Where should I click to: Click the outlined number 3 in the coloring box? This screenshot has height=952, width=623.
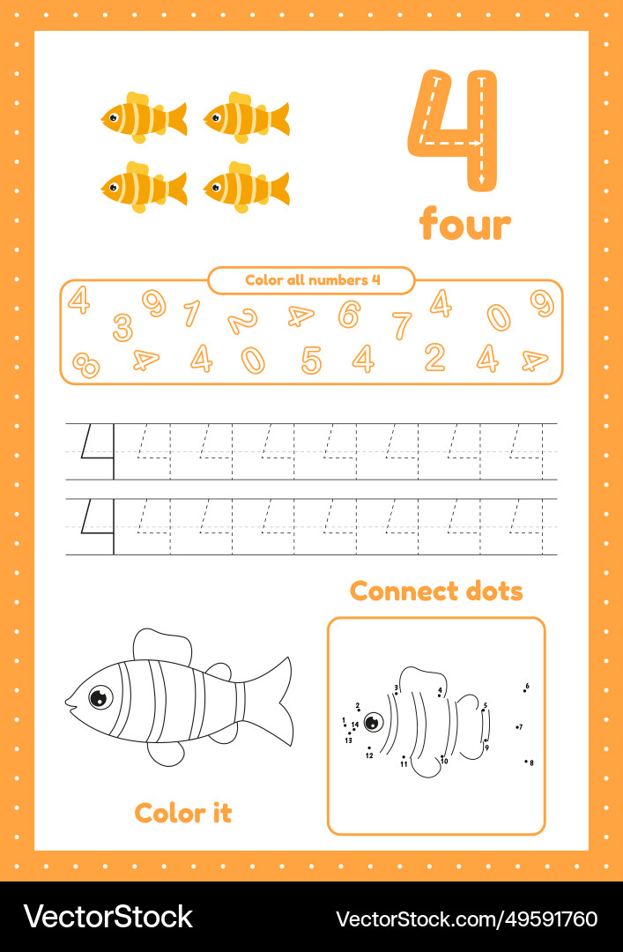[x=122, y=327]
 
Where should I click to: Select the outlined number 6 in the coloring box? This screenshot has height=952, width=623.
[x=349, y=313]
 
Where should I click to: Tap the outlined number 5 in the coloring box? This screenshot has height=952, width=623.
[x=311, y=360]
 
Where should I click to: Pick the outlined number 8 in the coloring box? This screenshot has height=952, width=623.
[x=85, y=364]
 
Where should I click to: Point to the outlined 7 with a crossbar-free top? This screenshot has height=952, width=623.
[x=402, y=324]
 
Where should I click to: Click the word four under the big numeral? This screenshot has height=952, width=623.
[x=464, y=224]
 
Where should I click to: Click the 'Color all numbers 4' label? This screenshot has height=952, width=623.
[x=312, y=280]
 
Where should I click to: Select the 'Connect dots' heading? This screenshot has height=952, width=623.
[x=436, y=591]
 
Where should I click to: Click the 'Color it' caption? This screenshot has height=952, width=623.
[x=183, y=813]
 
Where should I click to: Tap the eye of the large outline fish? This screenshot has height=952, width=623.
[x=100, y=697]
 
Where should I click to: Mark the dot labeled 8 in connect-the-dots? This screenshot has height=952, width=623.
[x=526, y=761]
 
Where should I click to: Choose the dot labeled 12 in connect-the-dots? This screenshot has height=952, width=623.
[x=368, y=748]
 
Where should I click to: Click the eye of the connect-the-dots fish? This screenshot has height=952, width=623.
[x=374, y=723]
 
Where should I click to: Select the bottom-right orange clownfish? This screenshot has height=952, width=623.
[x=245, y=187]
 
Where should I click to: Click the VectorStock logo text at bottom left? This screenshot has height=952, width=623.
[x=108, y=917]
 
